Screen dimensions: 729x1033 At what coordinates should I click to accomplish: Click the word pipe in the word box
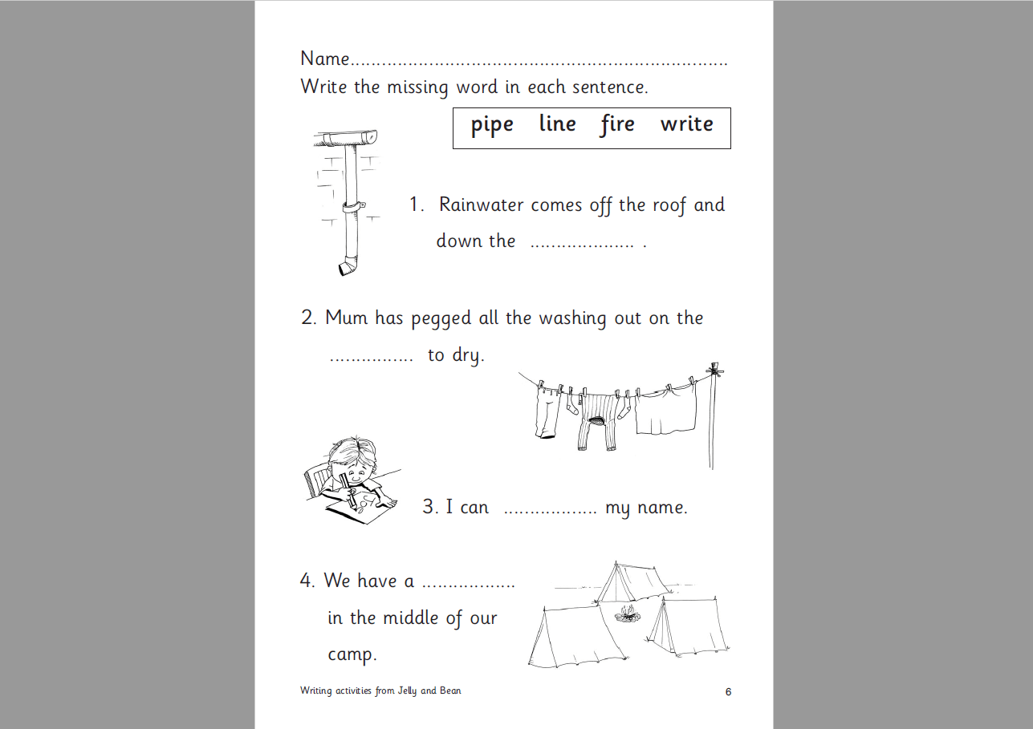pyautogui.click(x=492, y=126)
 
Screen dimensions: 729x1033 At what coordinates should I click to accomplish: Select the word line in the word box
pyautogui.click(x=557, y=124)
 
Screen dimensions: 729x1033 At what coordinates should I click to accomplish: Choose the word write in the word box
pyautogui.click(x=686, y=124)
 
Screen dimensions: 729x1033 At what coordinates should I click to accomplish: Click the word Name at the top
pyautogui.click(x=325, y=59)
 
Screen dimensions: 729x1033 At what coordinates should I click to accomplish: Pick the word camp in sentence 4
pyautogui.click(x=352, y=655)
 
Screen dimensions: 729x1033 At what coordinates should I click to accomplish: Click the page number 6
pyautogui.click(x=728, y=692)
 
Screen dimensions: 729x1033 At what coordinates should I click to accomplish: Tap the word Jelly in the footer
pyautogui.click(x=406, y=691)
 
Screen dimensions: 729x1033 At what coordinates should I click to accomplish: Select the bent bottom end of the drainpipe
pyautogui.click(x=347, y=267)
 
